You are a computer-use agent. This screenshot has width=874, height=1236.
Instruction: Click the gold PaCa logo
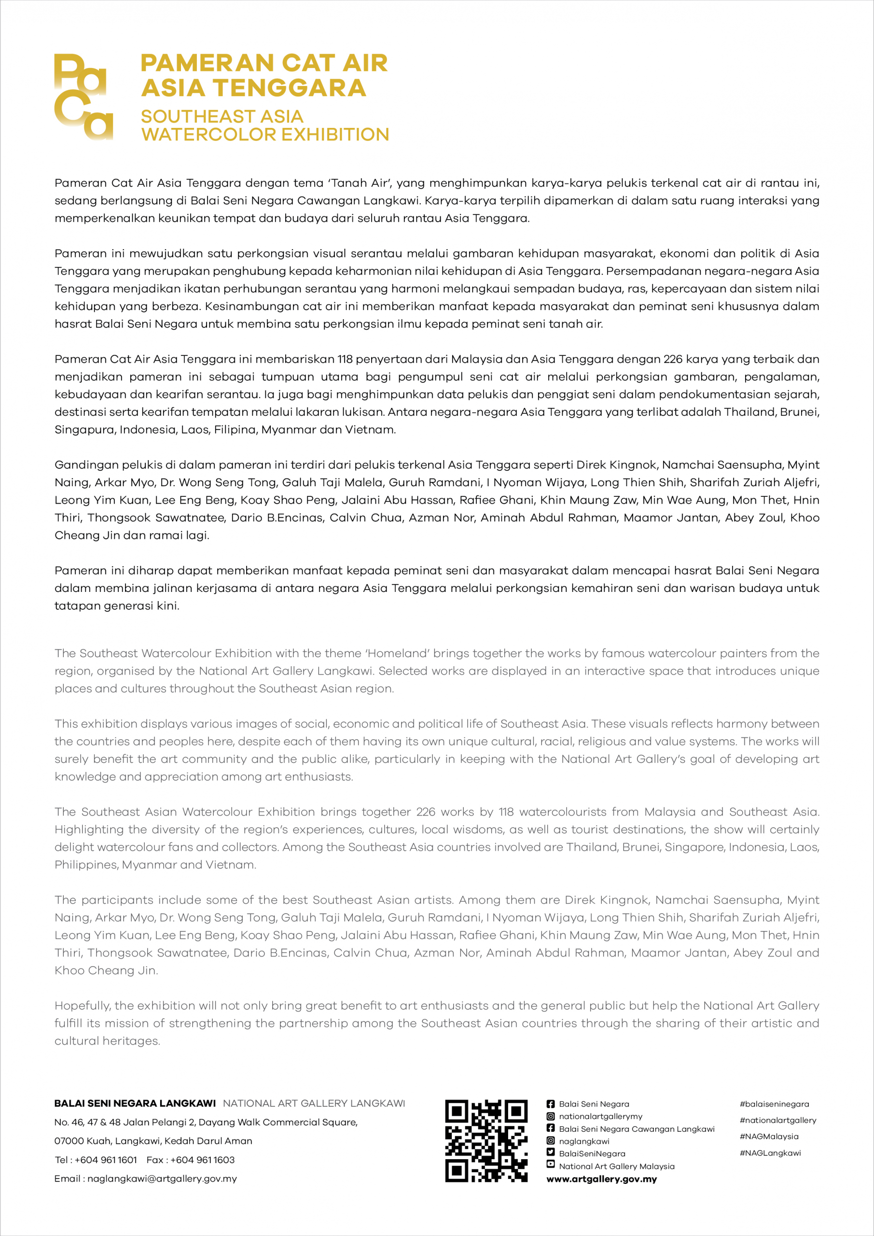pyautogui.click(x=84, y=97)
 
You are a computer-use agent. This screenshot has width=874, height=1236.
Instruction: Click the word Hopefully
pyautogui.click(x=83, y=1006)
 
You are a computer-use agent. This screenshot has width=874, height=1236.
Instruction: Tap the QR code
pyautogui.click(x=486, y=1141)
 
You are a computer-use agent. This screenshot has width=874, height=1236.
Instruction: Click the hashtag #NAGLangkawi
pyautogui.click(x=770, y=1153)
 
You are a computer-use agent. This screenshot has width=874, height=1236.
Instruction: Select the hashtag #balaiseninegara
pyautogui.click(x=774, y=1104)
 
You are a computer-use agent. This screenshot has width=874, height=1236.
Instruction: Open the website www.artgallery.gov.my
pyautogui.click(x=602, y=1179)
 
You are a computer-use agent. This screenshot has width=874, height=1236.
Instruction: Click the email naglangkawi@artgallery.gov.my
pyautogui.click(x=162, y=1179)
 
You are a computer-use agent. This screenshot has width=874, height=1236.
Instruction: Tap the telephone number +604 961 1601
pyautogui.click(x=106, y=1160)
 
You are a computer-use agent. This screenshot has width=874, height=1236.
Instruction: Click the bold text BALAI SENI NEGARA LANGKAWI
pyautogui.click(x=135, y=1104)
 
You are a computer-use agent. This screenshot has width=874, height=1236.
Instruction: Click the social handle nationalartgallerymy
pyautogui.click(x=601, y=1116)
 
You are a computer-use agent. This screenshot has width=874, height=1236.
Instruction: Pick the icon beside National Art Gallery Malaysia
pyautogui.click(x=551, y=1165)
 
